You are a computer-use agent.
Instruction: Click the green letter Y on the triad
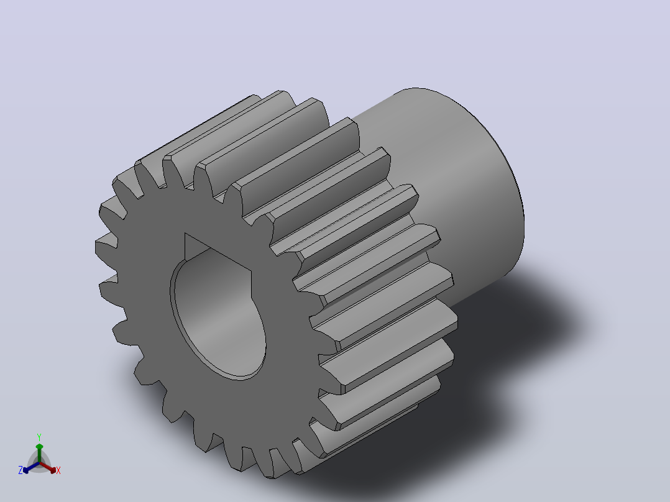click(x=39, y=437)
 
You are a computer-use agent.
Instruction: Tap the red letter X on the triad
click(x=58, y=470)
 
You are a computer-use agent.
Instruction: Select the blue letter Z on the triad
click(x=20, y=470)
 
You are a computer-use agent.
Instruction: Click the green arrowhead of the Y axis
click(x=39, y=447)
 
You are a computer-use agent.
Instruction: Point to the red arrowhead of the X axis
click(x=53, y=470)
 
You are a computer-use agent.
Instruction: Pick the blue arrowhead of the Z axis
click(x=25, y=470)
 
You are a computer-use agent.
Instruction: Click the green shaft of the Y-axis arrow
click(x=39, y=455)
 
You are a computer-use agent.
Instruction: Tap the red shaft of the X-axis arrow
click(x=46, y=466)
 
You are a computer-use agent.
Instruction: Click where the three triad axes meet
click(x=39, y=463)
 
